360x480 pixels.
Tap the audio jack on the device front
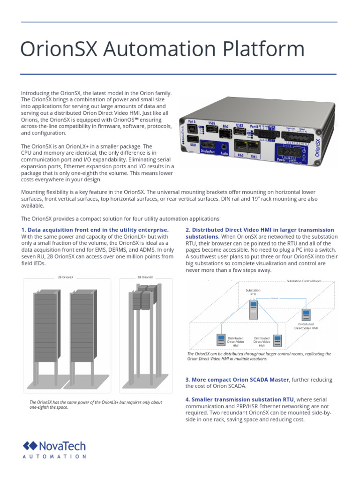(x=225, y=146)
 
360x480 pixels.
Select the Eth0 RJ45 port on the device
(x=241, y=146)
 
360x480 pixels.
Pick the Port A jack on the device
(x=192, y=127)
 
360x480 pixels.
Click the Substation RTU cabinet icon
(x=254, y=310)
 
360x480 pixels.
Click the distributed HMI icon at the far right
(x=307, y=315)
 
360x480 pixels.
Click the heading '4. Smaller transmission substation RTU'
(x=240, y=399)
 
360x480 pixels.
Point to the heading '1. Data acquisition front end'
(x=94, y=230)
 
